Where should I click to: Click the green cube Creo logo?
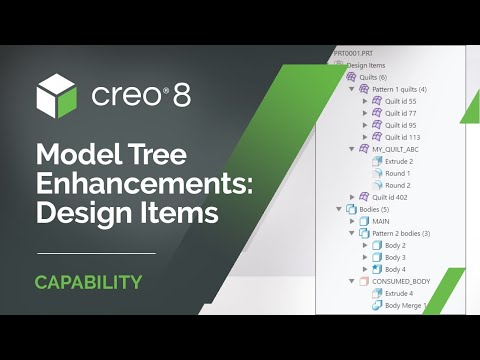pyautogui.click(x=55, y=95)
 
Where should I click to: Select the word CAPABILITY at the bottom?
pyautogui.click(x=88, y=282)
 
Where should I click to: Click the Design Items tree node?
pyautogui.click(x=366, y=64)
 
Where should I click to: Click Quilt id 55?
pyautogui.click(x=400, y=101)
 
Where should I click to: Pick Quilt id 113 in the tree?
pyautogui.click(x=401, y=137)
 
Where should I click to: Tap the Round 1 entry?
pyautogui.click(x=399, y=173)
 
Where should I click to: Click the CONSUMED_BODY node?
pyautogui.click(x=401, y=281)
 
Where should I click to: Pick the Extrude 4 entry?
pyautogui.click(x=400, y=293)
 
